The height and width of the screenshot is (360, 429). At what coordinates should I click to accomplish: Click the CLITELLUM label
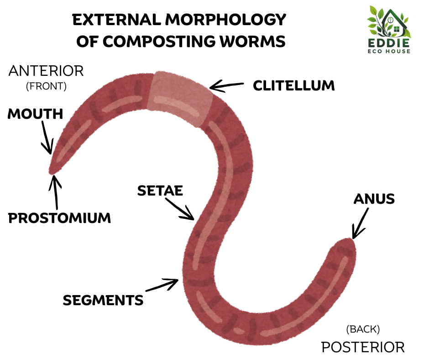(x=293, y=85)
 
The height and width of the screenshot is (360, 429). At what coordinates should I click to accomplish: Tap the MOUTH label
(x=35, y=114)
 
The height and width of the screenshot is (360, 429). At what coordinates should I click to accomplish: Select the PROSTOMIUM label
(x=60, y=218)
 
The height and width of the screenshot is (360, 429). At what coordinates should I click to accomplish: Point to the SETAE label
(x=160, y=191)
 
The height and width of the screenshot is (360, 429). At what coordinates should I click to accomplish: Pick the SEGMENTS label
(x=103, y=300)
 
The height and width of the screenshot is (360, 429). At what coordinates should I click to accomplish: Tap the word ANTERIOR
(x=47, y=71)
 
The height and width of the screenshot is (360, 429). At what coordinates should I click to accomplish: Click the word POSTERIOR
(x=363, y=347)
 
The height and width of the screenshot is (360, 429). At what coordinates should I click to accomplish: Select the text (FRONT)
(x=47, y=86)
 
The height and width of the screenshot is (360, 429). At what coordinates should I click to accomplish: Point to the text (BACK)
(x=363, y=328)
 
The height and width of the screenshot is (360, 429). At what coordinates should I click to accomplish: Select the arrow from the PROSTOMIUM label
(x=56, y=191)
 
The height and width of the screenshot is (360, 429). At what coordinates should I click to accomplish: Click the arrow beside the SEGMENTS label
(x=162, y=285)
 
